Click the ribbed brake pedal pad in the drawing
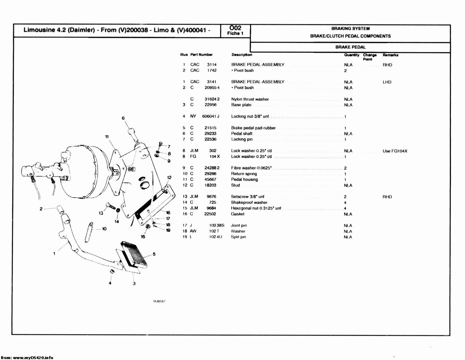coord(134,253)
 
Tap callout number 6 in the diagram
coord(123,118)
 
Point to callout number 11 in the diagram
coord(107,137)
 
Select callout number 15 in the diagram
coord(143,236)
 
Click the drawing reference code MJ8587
coord(160,301)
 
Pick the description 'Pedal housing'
coord(244,179)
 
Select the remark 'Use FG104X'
coord(395,151)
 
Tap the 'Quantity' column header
coord(352,55)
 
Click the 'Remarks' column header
coord(390,55)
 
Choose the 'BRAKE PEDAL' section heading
coord(350,47)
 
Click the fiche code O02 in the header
coord(235,28)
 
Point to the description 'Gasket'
coord(237,214)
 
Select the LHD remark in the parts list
coord(387,82)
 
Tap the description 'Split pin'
coord(238,237)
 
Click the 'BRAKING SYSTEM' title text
coord(350,29)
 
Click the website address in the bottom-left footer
coord(27,357)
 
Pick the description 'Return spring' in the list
coord(244,174)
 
